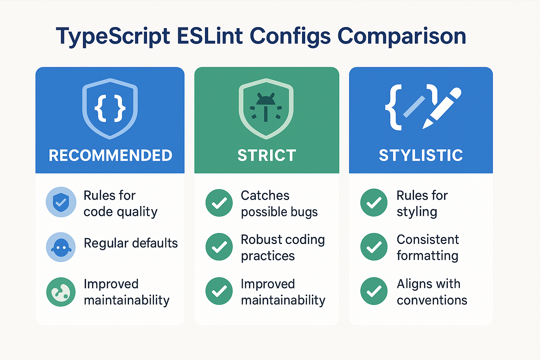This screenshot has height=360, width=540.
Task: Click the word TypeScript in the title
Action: coord(113,37)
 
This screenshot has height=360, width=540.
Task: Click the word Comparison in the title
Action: coord(401,36)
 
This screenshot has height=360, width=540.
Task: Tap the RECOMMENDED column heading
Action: coord(110,155)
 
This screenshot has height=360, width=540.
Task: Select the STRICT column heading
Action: coord(267,155)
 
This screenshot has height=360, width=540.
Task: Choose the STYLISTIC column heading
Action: coord(421,155)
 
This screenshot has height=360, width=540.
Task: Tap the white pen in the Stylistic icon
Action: coord(442,108)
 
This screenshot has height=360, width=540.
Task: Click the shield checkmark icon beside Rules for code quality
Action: coord(61,202)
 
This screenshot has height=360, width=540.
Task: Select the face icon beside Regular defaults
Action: coord(61,247)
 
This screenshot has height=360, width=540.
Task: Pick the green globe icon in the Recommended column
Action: coord(61,292)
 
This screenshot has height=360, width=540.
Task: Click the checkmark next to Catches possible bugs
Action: coord(219,203)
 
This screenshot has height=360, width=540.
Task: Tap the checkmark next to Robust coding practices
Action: coord(219,247)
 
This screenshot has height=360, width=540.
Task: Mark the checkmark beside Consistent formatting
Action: coord(374,247)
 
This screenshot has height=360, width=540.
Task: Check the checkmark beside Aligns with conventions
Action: coord(374,291)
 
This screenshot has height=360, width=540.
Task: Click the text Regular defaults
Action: coord(131,243)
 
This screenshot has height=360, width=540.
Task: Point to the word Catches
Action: coord(265,195)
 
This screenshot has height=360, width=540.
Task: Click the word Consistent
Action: coord(428,240)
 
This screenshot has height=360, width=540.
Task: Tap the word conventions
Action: coord(432,300)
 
